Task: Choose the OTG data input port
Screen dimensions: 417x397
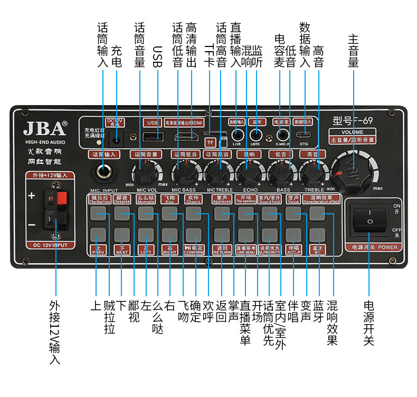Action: click(303, 135)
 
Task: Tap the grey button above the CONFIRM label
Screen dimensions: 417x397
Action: click(194, 234)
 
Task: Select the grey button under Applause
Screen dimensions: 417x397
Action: click(222, 213)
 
